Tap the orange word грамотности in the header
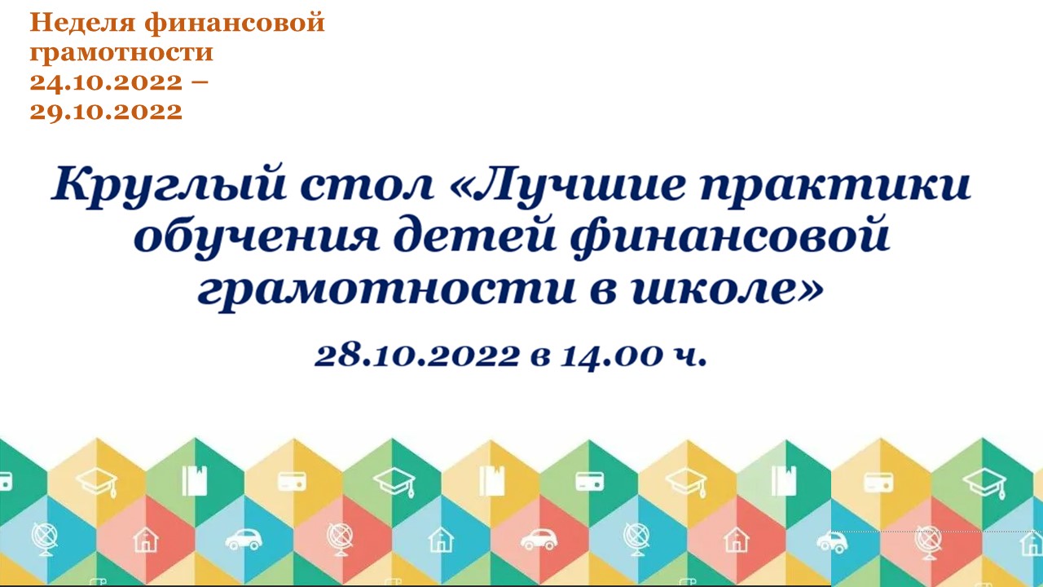(x=121, y=54)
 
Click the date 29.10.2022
(x=106, y=111)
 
